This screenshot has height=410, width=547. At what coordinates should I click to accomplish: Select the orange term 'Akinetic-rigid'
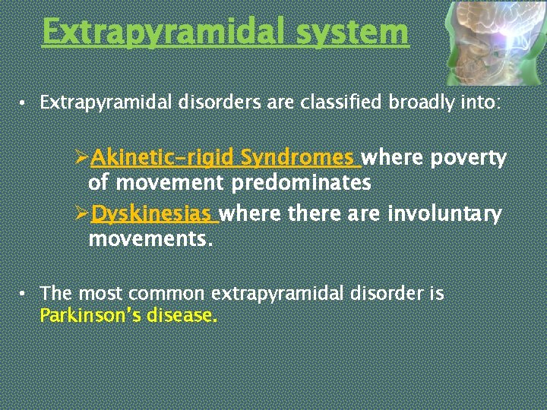(163, 158)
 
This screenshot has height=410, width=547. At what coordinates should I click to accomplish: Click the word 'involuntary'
(444, 214)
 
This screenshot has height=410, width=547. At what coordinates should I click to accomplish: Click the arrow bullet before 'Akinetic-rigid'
(83, 159)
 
